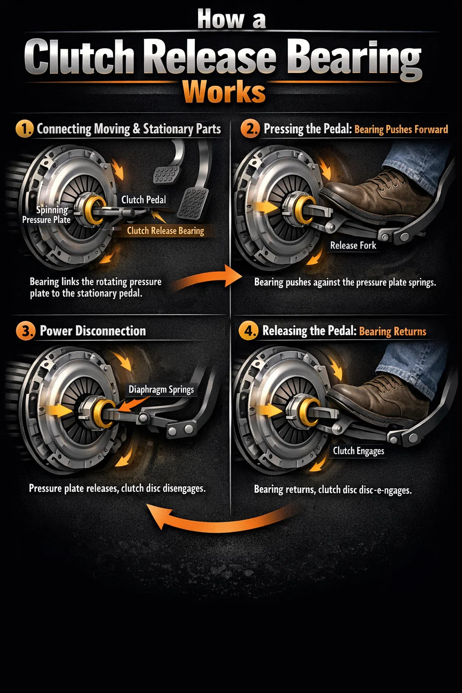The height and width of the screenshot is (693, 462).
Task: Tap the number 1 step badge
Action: [x=24, y=129]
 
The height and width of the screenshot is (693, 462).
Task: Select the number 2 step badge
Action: [x=249, y=129]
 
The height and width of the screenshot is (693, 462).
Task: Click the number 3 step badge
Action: [x=25, y=331]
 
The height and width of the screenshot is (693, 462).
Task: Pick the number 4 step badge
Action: [x=248, y=331]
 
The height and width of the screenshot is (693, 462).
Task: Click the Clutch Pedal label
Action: [x=143, y=200]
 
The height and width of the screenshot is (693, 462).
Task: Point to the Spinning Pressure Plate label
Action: [x=46, y=215]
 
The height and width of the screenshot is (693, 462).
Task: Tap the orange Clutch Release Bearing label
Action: [x=166, y=231]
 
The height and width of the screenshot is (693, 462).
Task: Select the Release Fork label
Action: [x=353, y=245]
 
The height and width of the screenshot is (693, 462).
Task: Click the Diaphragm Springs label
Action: [x=161, y=389]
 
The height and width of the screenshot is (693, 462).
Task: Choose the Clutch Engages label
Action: [x=359, y=451]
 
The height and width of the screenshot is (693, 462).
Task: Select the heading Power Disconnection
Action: [x=93, y=331]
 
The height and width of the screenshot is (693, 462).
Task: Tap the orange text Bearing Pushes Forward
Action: [x=401, y=129]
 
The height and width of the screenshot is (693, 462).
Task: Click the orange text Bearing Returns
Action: [x=393, y=332]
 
